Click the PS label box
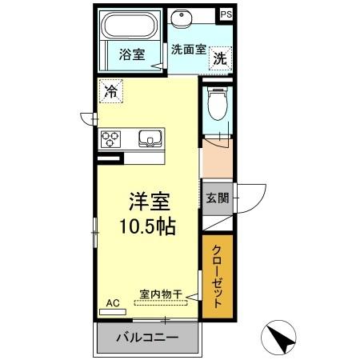[x=226, y=14]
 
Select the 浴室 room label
[x=132, y=54]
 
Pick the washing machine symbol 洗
[x=220, y=58]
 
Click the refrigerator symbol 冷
[x=110, y=91]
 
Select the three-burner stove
[x=110, y=139]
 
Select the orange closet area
[x=217, y=276]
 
